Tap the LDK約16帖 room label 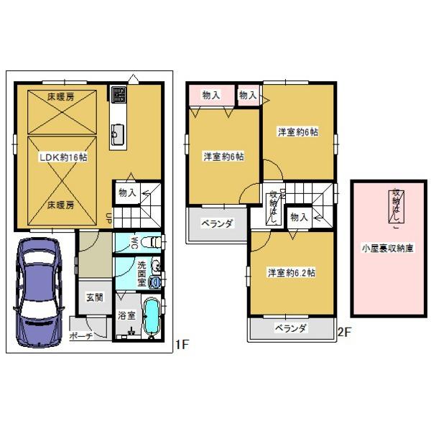coord(62,157)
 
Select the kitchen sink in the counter coord(117,133)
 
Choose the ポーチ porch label coord(81,336)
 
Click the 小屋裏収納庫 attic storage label coord(386,249)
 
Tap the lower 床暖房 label coord(61,205)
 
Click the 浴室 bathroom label coord(126,315)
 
